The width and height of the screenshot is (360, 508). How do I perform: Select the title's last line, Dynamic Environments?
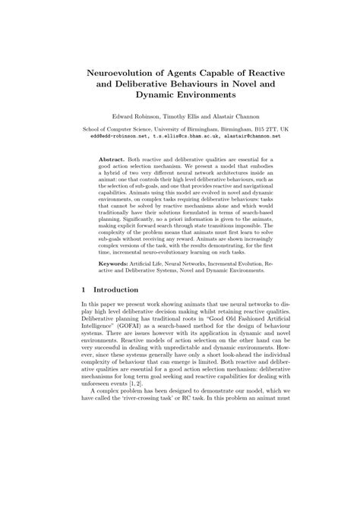(x=180, y=96)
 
